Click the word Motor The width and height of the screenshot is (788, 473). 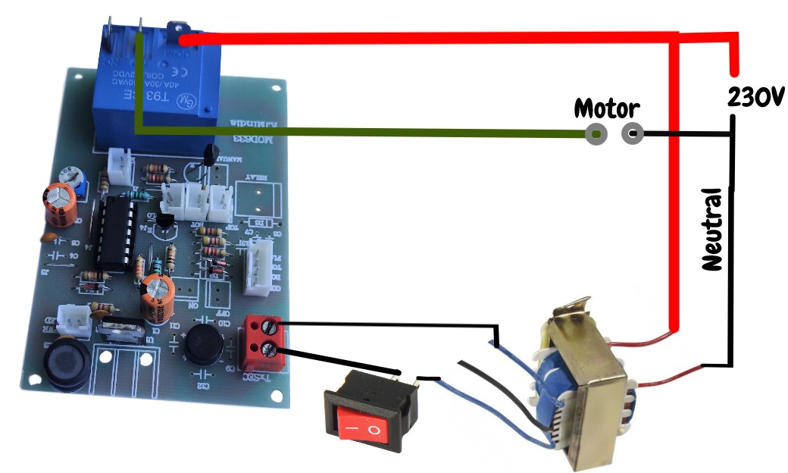click(607, 108)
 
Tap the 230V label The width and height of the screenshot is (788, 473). click(755, 96)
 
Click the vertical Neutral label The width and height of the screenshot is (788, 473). click(712, 230)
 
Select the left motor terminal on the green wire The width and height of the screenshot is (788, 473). click(596, 135)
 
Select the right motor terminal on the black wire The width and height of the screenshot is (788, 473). click(632, 135)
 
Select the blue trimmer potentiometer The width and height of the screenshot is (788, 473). click(80, 179)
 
